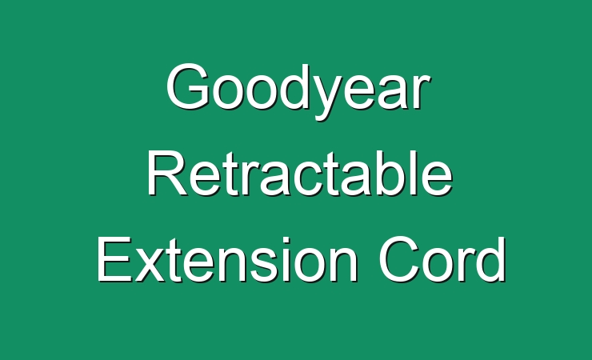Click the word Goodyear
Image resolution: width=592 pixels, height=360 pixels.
(298, 91)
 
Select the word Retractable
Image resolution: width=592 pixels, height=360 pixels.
(300, 173)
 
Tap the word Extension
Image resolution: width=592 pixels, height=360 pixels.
(227, 259)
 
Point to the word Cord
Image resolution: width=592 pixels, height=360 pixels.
(442, 259)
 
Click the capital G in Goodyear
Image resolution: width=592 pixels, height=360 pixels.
(188, 87)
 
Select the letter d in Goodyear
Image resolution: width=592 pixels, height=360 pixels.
(286, 87)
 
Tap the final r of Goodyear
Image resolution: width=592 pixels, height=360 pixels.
(419, 92)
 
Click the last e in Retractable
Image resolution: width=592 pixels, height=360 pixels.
(438, 179)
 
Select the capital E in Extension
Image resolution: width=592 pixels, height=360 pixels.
(115, 259)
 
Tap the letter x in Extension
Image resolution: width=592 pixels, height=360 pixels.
(150, 265)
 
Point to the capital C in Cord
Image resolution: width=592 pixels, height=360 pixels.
(400, 259)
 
